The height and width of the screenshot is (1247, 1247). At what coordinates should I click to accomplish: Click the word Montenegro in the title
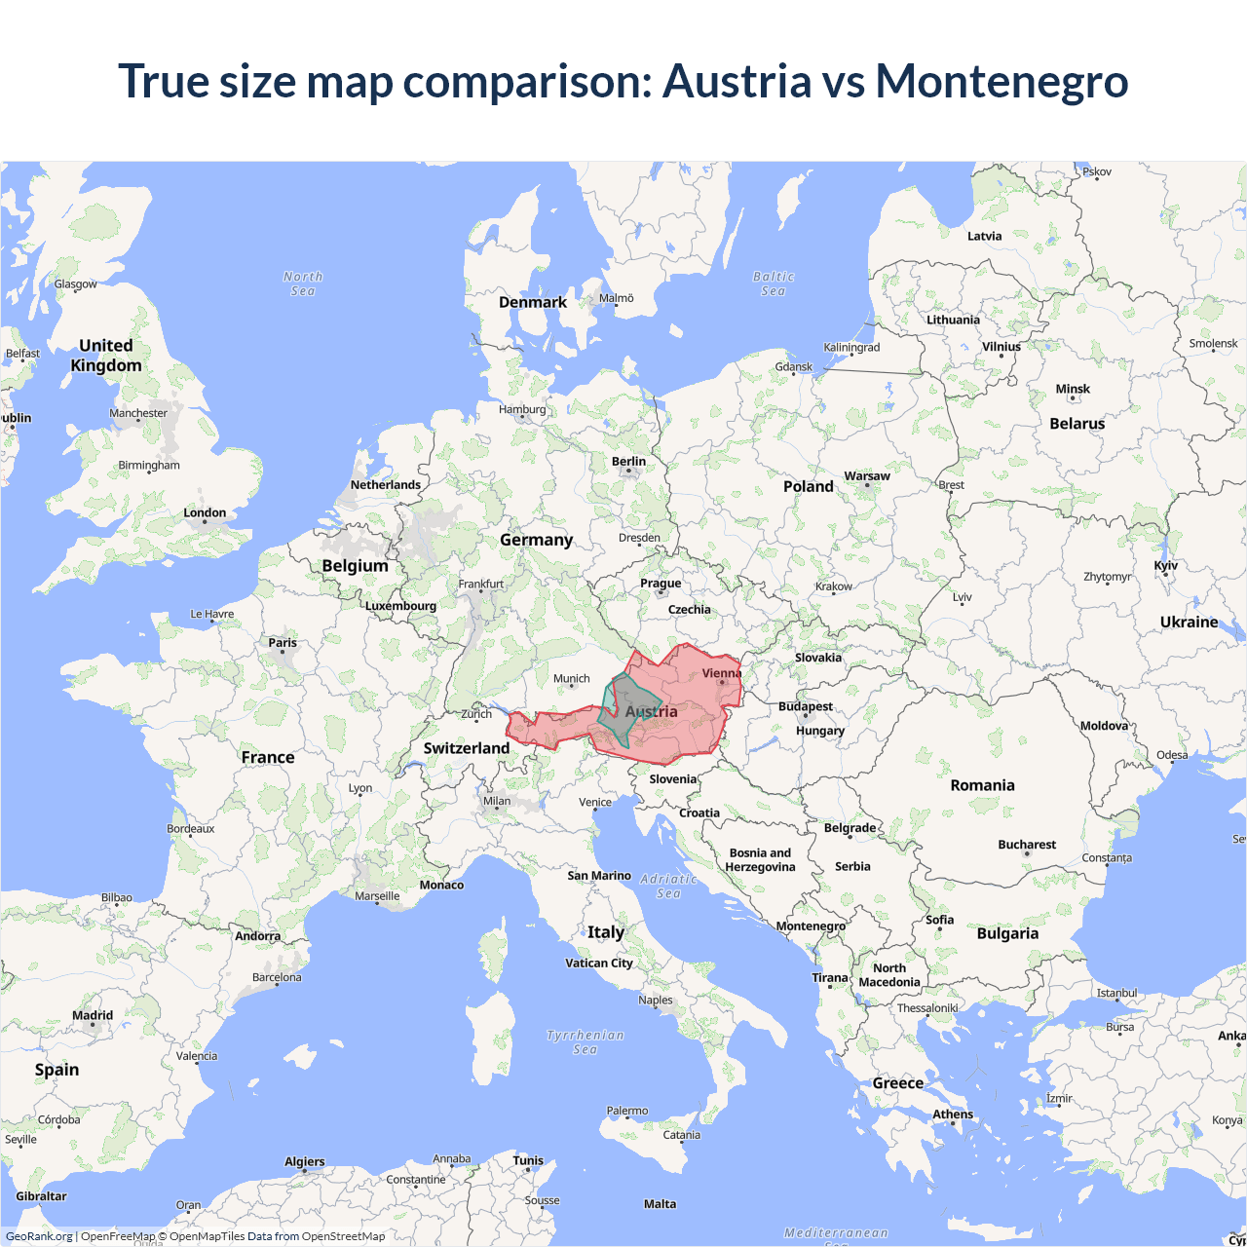click(1001, 81)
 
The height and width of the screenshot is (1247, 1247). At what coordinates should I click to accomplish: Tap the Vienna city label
click(721, 673)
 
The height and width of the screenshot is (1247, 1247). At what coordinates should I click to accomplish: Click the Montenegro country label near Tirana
click(811, 926)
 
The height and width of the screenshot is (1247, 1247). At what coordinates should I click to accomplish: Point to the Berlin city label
click(628, 462)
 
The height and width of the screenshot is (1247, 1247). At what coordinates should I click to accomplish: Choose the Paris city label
click(283, 643)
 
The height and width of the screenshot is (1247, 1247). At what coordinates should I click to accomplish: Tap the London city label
click(205, 512)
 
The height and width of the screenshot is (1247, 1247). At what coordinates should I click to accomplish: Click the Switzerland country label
click(466, 748)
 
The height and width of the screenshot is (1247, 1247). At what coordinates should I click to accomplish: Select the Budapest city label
click(806, 706)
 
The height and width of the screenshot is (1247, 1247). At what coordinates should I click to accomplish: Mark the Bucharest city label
click(1027, 845)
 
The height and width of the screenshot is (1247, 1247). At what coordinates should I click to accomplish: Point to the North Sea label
click(303, 283)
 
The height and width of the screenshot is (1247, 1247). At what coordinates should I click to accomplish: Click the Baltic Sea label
click(774, 283)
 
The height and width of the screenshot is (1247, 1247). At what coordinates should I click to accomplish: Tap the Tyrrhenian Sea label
click(586, 1041)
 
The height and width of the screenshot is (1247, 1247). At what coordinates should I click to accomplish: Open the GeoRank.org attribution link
click(39, 1236)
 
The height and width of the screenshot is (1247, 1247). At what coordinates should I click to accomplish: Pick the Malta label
click(660, 1204)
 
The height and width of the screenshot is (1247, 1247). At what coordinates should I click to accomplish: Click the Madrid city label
click(93, 1015)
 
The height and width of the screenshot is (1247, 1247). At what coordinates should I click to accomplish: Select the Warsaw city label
click(867, 476)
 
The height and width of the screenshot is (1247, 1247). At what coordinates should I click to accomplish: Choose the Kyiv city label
click(1165, 566)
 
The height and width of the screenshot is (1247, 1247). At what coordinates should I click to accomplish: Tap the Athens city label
click(953, 1115)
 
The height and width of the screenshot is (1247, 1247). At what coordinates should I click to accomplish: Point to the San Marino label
click(599, 876)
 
